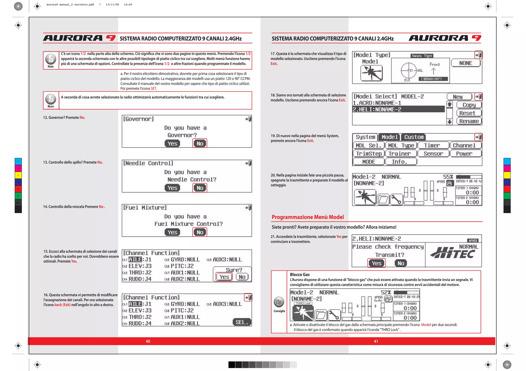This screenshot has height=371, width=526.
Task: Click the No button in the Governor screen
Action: click(200, 144)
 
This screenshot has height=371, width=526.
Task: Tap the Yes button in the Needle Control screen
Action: click(172, 188)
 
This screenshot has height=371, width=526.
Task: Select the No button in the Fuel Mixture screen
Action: click(200, 232)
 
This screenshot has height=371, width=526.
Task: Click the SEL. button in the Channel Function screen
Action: click(242, 322)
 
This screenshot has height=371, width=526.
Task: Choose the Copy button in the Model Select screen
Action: click(469, 105)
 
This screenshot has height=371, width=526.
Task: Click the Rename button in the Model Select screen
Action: click(469, 121)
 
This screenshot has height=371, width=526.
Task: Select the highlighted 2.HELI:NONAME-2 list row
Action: click(398, 109)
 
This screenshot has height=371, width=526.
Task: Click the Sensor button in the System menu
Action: click(433, 154)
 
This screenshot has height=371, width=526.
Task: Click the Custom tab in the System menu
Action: click(414, 137)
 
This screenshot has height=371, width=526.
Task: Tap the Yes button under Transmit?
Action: click(377, 263)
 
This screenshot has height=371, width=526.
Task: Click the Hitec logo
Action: click(453, 253)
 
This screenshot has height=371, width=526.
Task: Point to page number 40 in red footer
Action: click(148, 341)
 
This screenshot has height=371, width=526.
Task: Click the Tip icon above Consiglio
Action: click(279, 302)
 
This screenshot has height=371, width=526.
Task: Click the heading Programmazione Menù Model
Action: click(307, 217)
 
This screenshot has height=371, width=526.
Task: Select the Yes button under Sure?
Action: click(224, 277)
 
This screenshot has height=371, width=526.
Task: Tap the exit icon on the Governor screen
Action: click(248, 119)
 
